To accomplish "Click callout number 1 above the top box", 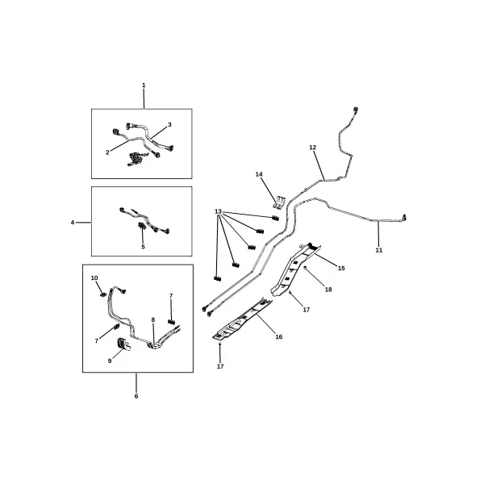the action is [x=144, y=86].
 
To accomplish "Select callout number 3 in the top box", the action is [x=169, y=125].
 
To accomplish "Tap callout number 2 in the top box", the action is [x=107, y=152].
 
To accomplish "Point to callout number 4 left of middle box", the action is [x=73, y=223].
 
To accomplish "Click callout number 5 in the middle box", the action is [x=143, y=247].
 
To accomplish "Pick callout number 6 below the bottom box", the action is [x=136, y=396].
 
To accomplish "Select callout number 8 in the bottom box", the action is [x=153, y=320].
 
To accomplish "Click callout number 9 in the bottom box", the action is [x=110, y=361].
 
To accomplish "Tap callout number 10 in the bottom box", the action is [x=94, y=277].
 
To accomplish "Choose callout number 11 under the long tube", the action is [x=379, y=250].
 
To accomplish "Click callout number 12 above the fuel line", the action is [x=313, y=148].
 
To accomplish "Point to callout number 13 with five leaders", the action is [x=218, y=211].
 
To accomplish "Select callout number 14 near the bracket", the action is [x=259, y=174].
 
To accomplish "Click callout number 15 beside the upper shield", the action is [x=341, y=269].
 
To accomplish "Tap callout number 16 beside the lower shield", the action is [x=279, y=336].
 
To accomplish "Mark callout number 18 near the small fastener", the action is [x=328, y=290].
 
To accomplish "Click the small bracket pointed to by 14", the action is [x=279, y=202].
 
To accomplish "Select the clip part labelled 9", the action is [x=123, y=344].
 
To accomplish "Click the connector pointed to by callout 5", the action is [x=142, y=226].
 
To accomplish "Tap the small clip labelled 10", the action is [x=103, y=294].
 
